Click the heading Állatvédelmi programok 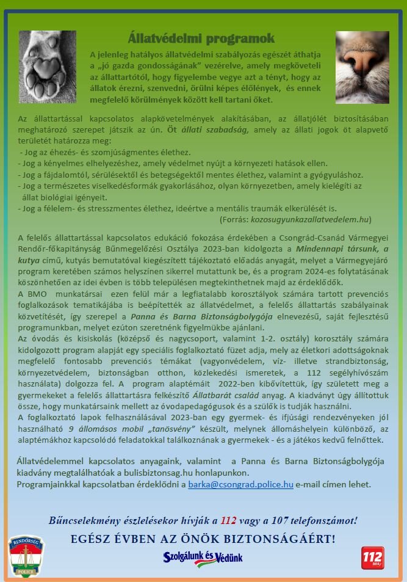[201, 39]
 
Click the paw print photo [48, 67]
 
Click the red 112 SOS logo [372, 558]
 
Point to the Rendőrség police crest [26, 556]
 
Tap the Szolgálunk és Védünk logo [203, 557]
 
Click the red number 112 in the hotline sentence [228, 520]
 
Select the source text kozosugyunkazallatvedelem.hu [310, 219]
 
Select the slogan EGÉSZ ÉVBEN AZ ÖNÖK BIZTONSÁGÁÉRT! [203, 539]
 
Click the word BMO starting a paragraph [38, 294]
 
